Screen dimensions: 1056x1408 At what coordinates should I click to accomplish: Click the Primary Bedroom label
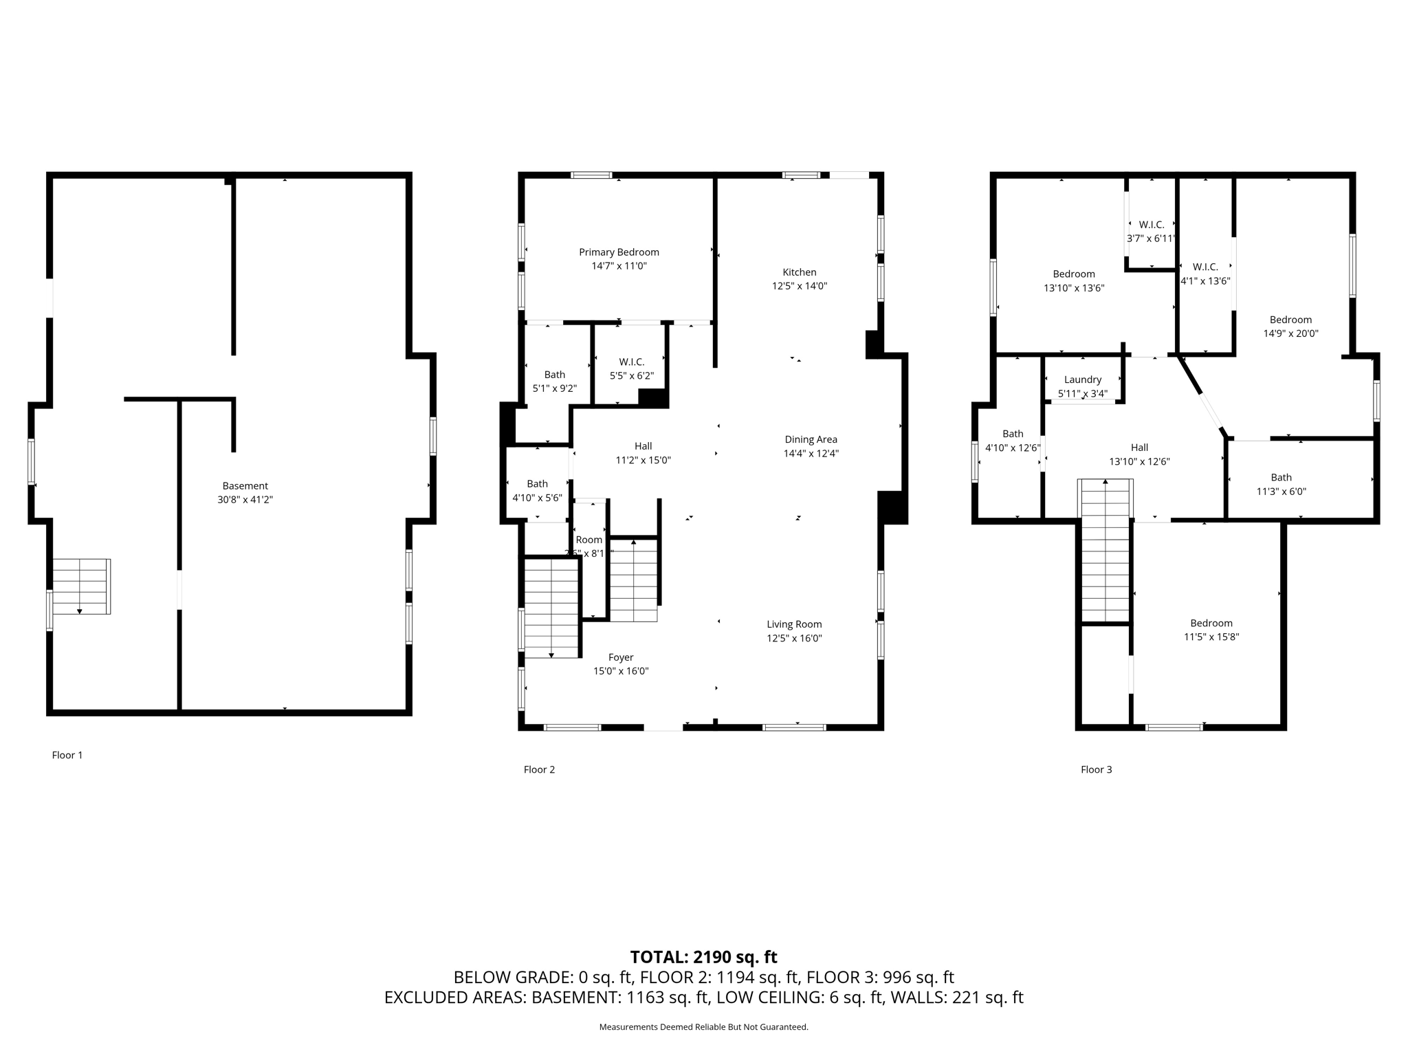coord(619,252)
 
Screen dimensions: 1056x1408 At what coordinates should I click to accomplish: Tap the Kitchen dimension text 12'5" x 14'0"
coord(799,286)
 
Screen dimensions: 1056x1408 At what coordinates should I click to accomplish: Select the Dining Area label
coord(811,439)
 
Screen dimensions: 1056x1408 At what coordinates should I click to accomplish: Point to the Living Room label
coord(794,624)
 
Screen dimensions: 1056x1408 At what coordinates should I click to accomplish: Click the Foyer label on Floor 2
coord(621,657)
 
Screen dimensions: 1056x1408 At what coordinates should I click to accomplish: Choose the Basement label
coord(245,485)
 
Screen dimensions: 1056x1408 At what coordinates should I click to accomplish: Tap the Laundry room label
coord(1083,379)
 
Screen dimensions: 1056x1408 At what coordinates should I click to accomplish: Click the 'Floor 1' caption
coord(67,755)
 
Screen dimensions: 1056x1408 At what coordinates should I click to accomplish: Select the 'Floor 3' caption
coord(1096,769)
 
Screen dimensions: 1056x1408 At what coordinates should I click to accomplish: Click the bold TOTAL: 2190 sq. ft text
coord(703,957)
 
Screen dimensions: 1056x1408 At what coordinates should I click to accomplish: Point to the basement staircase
coord(81,586)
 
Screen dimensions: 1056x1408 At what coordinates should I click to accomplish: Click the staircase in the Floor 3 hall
coord(1105,550)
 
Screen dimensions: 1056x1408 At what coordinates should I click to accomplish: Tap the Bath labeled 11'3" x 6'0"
coord(1281,484)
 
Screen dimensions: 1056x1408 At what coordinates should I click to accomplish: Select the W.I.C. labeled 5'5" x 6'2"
coord(631,368)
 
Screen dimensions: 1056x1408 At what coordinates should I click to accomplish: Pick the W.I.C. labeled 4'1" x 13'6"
coord(1205,274)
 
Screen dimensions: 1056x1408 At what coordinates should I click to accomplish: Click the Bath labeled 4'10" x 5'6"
coord(537,490)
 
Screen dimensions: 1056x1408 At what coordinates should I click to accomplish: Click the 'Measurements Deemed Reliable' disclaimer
coord(703,1027)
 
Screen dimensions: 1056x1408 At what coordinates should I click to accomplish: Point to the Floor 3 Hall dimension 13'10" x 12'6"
coord(1139,461)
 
